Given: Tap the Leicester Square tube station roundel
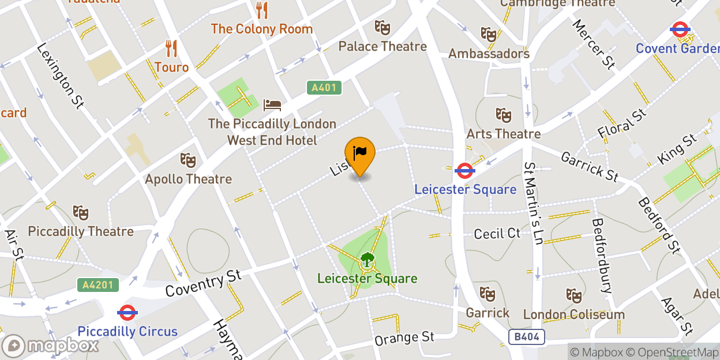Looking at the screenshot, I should (464, 170).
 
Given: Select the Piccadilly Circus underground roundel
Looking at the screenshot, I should (127, 313).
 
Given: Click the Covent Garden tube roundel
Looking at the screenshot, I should (680, 29).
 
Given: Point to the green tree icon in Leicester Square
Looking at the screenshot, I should (367, 260).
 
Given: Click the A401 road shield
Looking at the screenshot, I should (324, 88).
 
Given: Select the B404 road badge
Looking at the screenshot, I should (527, 336).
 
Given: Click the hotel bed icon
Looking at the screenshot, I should (272, 105).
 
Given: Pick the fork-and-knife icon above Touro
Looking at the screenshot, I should (171, 48).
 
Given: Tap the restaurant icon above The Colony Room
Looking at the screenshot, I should (262, 10).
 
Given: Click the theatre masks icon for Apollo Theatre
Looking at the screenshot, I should (187, 160).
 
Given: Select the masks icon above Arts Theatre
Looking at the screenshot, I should (504, 115).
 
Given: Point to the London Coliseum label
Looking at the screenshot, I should (573, 314).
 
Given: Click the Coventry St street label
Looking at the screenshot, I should (203, 284).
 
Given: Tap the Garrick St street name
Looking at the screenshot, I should (590, 164).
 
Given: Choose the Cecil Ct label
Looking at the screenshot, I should (497, 234).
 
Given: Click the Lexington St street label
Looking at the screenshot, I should (60, 76).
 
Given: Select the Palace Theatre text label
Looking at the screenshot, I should (382, 46).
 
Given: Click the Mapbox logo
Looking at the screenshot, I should (50, 346).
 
